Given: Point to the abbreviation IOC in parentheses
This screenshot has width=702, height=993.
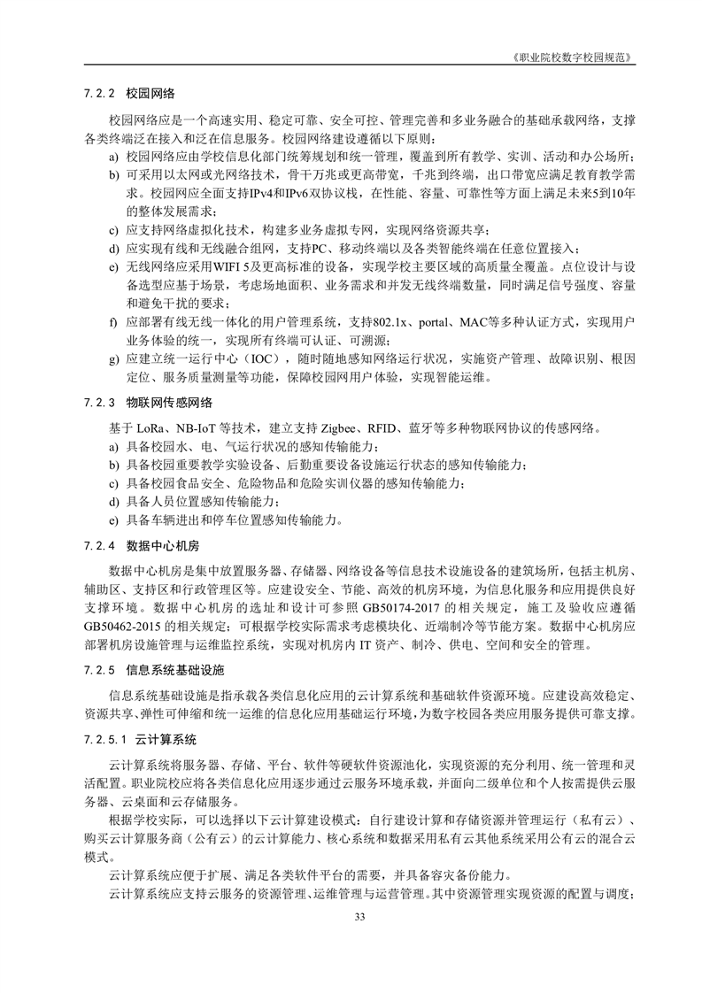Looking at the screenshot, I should [x=259, y=358].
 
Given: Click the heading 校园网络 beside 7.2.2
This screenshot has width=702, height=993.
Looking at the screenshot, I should [x=150, y=91].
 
